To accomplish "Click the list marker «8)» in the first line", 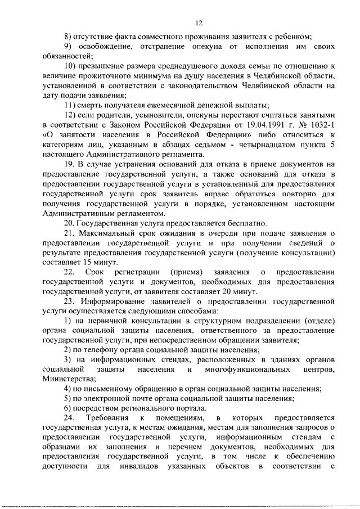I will [68, 35].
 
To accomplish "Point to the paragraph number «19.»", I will [69, 165].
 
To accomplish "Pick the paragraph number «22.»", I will [69, 272].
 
